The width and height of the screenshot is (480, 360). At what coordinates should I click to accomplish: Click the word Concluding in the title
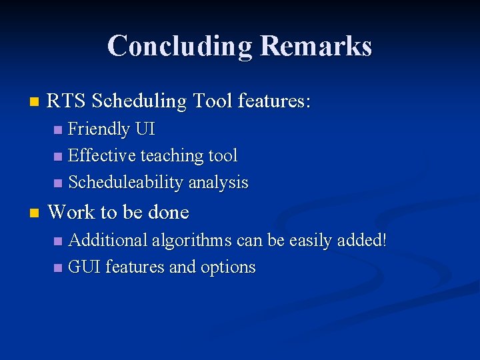click(x=179, y=46)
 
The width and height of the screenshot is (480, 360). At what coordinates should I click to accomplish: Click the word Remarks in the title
click(x=316, y=46)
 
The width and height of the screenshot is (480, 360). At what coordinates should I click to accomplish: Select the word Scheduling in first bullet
click(x=139, y=101)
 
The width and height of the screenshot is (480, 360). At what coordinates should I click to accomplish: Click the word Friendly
click(x=99, y=129)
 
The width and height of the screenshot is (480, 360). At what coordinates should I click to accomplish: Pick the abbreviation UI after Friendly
click(x=145, y=129)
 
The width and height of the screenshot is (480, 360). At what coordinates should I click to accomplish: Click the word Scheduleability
click(x=126, y=183)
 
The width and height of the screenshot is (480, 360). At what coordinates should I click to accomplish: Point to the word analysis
click(x=218, y=183)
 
